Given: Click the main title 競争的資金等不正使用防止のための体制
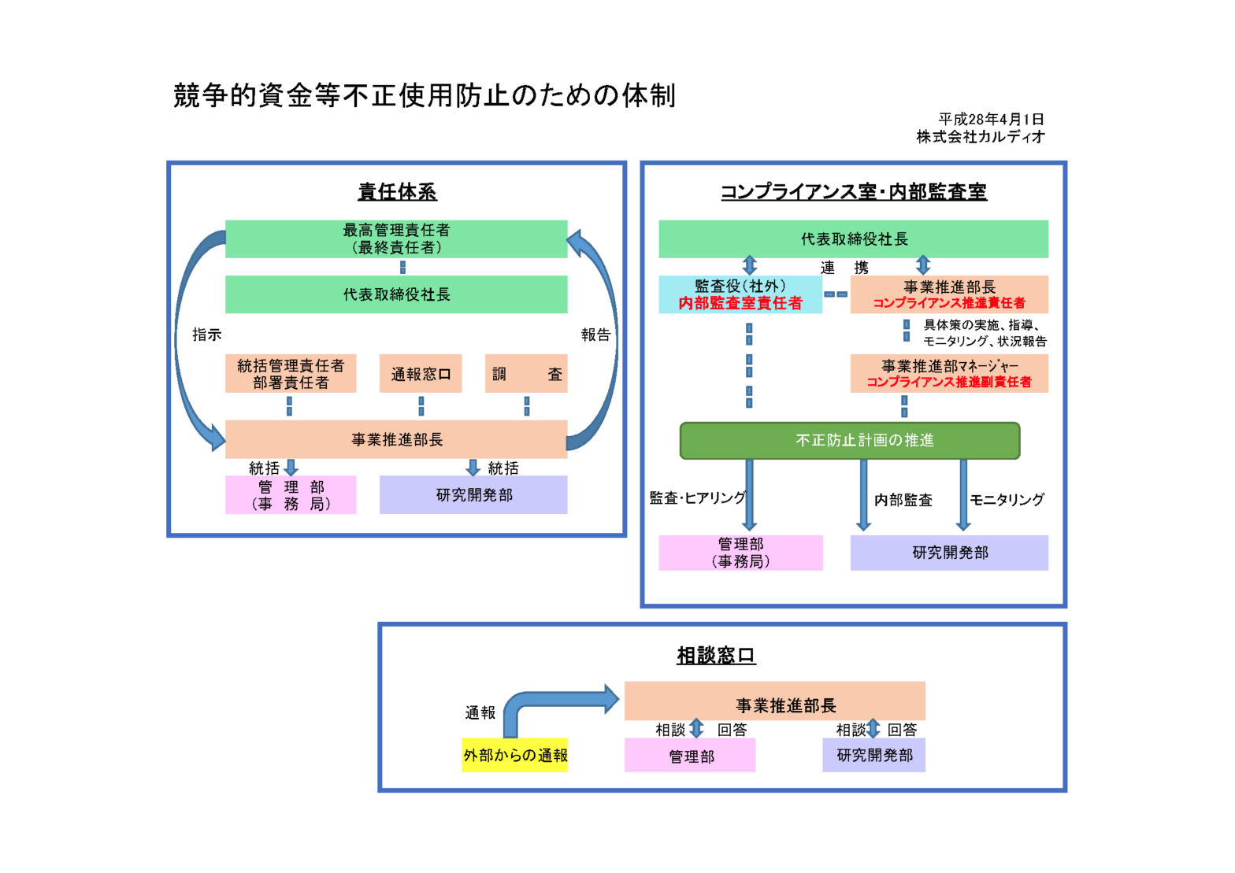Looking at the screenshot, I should pyautogui.click(x=424, y=96).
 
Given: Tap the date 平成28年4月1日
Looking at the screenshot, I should pyautogui.click(x=991, y=120).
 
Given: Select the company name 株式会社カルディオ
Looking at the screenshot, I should pyautogui.click(x=981, y=137).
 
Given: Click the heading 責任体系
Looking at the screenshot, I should pyautogui.click(x=397, y=191).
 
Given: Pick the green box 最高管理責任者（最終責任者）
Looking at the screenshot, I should pyautogui.click(x=396, y=239).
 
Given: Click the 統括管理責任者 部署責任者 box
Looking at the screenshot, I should pyautogui.click(x=291, y=374).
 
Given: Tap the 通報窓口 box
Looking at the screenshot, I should pyautogui.click(x=421, y=374).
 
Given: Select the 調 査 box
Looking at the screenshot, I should pyautogui.click(x=526, y=374).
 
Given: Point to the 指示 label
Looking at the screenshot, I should pyautogui.click(x=207, y=335).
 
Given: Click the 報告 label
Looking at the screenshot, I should pyautogui.click(x=595, y=335).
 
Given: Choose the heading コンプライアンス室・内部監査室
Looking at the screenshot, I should pyautogui.click(x=854, y=191).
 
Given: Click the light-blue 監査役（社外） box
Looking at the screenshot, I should pyautogui.click(x=740, y=294).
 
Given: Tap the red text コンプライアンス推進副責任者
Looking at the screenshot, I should pyautogui.click(x=949, y=382).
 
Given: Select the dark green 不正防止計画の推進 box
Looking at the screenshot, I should pyautogui.click(x=850, y=440).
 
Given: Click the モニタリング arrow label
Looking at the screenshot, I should pyautogui.click(x=1007, y=500).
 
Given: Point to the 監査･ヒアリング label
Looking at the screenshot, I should pyautogui.click(x=697, y=498).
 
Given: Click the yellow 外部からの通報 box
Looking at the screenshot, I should pyautogui.click(x=514, y=756).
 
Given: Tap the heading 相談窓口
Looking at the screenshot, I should pyautogui.click(x=716, y=655).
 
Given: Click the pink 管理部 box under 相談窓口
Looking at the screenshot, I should pyautogui.click(x=690, y=756).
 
